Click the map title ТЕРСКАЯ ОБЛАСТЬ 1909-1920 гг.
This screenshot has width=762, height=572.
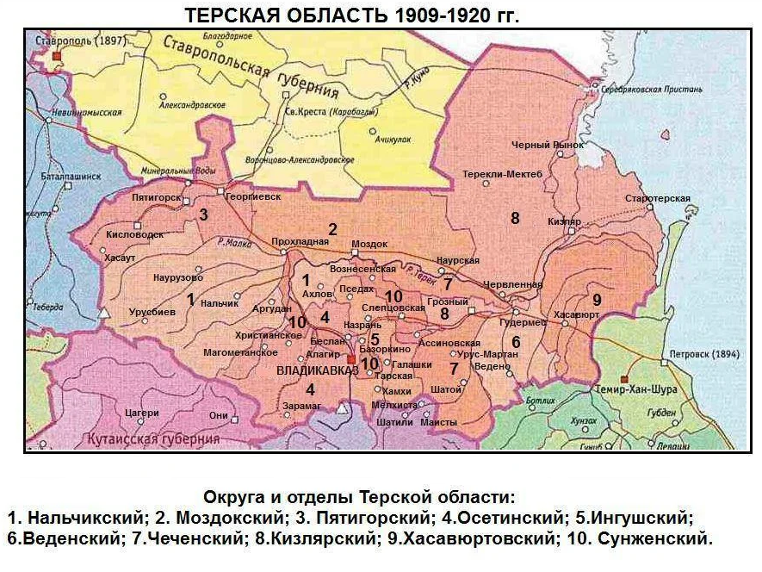tap(352, 15)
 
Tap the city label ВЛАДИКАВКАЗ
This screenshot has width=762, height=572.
tap(313, 370)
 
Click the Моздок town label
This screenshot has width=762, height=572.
tap(369, 244)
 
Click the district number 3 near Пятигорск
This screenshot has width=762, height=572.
tap(204, 214)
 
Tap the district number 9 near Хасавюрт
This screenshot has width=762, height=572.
tap(596, 299)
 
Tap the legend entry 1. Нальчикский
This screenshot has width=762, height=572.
tap(74, 519)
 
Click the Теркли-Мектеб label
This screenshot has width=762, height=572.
tap(503, 174)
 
